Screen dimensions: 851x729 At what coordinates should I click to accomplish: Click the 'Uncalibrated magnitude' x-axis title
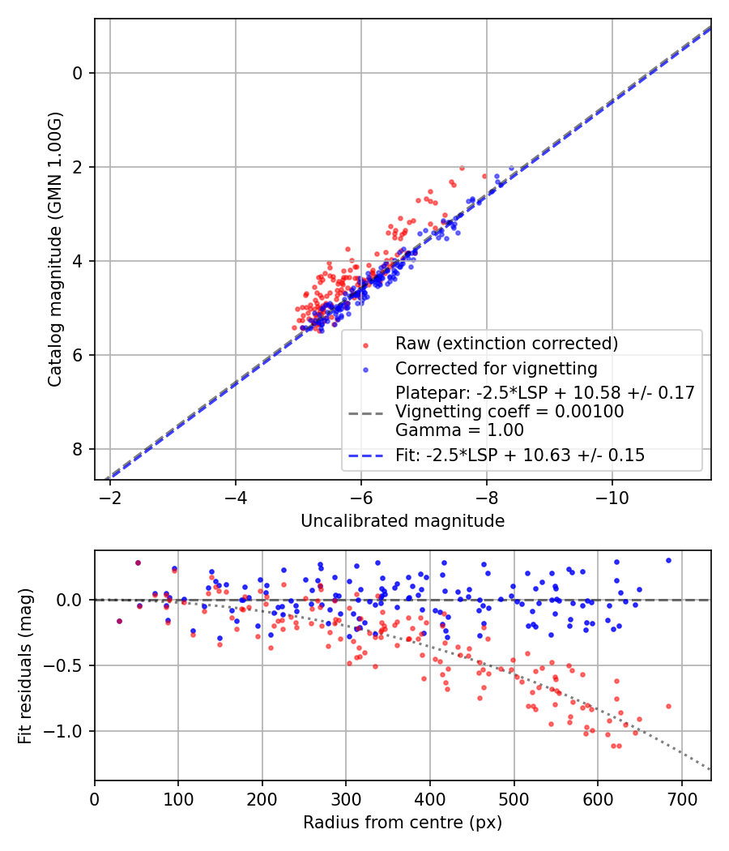[403, 521]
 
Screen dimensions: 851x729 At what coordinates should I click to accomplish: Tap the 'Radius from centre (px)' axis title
[403, 823]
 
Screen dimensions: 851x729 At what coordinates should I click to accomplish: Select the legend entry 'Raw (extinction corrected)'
[506, 343]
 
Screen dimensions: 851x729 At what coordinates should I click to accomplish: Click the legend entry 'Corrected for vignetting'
[496, 369]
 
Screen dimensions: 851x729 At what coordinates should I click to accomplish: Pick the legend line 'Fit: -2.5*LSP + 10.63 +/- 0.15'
[520, 455]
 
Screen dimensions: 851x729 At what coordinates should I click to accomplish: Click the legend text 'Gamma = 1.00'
[459, 430]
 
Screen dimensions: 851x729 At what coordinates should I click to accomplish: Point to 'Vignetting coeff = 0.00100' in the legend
[509, 412]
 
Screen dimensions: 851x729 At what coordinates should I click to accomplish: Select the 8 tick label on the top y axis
[79, 449]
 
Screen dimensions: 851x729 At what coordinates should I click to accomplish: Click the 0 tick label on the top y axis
[79, 73]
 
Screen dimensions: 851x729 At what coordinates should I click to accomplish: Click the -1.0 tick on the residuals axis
[70, 731]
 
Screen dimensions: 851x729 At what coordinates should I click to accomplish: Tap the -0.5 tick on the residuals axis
[70, 665]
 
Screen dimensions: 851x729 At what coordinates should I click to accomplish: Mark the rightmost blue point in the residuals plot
[668, 560]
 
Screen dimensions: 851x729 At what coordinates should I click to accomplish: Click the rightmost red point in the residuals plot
[668, 706]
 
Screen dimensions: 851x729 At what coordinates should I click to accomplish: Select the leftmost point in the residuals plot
[119, 621]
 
